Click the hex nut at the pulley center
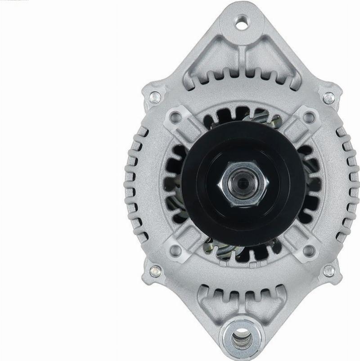[x=243, y=183]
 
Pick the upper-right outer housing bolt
[x=328, y=98]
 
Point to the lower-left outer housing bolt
[x=155, y=271]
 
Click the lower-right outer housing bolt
[x=329, y=271]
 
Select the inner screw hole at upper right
[x=309, y=117]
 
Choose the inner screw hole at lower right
[x=309, y=250]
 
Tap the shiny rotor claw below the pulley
[x=225, y=252]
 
